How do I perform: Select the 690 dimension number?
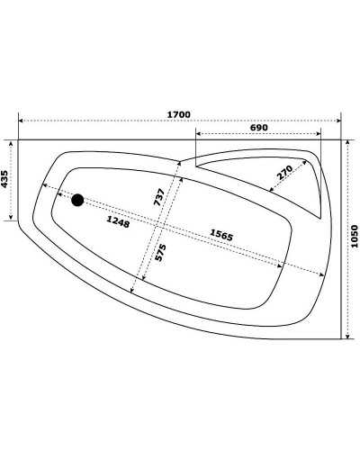pyautogui.click(x=258, y=129)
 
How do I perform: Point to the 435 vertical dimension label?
pyautogui.click(x=5, y=180)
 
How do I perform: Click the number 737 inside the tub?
pyautogui.click(x=157, y=197)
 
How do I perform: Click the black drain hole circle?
pyautogui.click(x=78, y=200)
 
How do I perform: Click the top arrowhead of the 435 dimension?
pyautogui.click(x=12, y=142)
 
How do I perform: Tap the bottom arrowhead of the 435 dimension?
pyautogui.click(x=12, y=218)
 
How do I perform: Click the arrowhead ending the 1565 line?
pyautogui.click(x=322, y=274)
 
